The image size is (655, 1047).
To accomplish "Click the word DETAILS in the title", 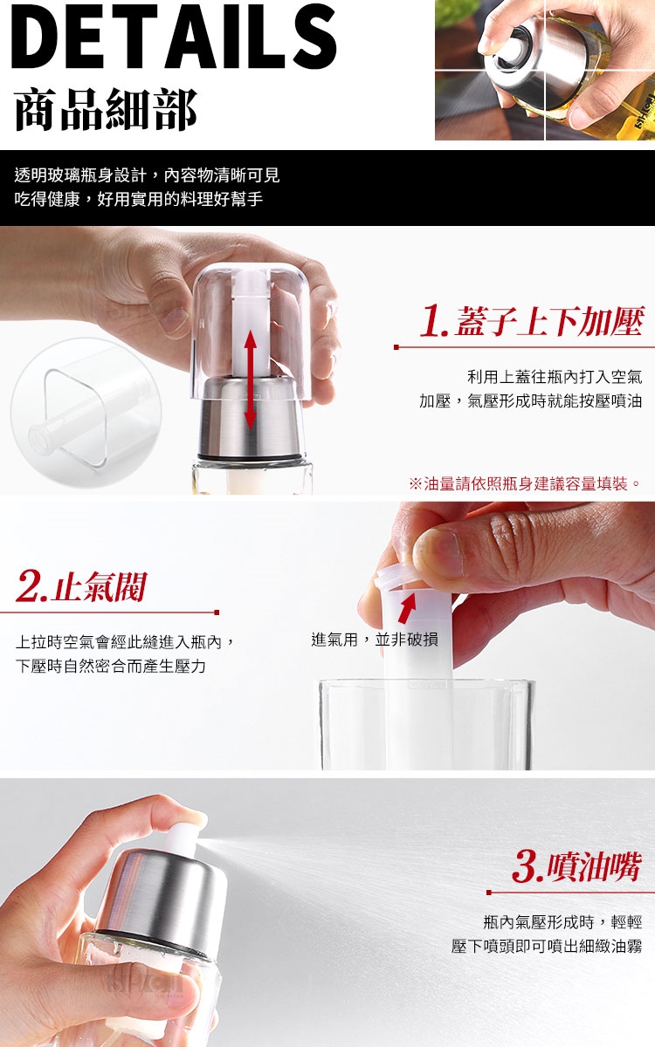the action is coord(174,37).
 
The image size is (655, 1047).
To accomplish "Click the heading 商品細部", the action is coord(107,109).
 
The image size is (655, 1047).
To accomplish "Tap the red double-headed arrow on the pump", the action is coord(251,380).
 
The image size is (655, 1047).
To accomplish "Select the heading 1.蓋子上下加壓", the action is coord(532,322).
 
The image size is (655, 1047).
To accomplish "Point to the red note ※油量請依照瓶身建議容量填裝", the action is coord(525,483).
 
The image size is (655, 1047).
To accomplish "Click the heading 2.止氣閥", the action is coord(81,586).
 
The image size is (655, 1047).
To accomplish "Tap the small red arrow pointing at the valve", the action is coord(407,607).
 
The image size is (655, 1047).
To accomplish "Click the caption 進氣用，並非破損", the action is coord(375,639).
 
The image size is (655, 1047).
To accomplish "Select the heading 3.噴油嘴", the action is coord(576,867).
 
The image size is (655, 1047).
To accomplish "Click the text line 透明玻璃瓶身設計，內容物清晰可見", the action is coord(147,175).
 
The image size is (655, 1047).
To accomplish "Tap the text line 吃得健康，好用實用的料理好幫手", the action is coord(139,200).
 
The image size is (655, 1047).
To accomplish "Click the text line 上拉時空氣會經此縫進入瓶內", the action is coord(124,642).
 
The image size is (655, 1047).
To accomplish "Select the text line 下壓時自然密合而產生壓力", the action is coord(111,666).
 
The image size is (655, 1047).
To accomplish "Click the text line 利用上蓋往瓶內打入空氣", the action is coord(555,376).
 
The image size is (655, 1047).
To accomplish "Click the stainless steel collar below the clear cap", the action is coord(251,418).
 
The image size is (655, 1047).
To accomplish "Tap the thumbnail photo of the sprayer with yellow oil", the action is coord(545,70).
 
